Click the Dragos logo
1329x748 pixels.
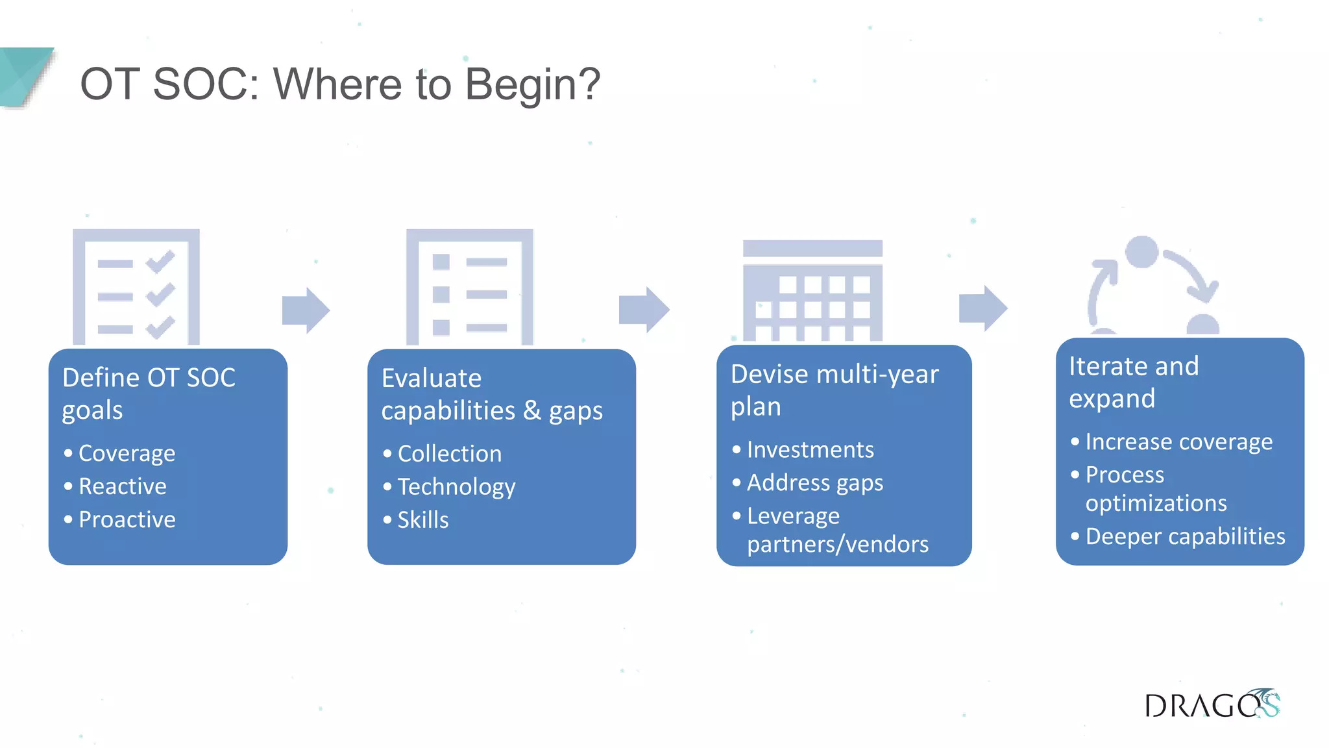coord(1211,704)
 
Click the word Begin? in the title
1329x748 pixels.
coord(533,84)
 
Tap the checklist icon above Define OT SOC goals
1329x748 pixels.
coord(136,287)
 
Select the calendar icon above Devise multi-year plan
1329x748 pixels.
coord(812,291)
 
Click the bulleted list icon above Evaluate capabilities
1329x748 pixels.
coord(469,287)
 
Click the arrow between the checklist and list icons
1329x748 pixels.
coord(306,310)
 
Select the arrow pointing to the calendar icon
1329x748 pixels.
coord(643,309)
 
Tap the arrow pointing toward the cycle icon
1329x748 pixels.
coord(982,308)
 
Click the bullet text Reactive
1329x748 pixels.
coord(122,486)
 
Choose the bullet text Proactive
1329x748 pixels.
coord(127,519)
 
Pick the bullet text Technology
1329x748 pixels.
coord(456,486)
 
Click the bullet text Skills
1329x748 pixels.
coord(422,519)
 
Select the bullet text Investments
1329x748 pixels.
coord(810,449)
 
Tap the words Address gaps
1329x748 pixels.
coord(814,482)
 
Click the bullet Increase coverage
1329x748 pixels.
coord(1178,442)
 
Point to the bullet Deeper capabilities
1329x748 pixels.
coord(1185,536)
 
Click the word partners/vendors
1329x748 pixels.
coord(837,544)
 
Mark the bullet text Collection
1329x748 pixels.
coord(449,453)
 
